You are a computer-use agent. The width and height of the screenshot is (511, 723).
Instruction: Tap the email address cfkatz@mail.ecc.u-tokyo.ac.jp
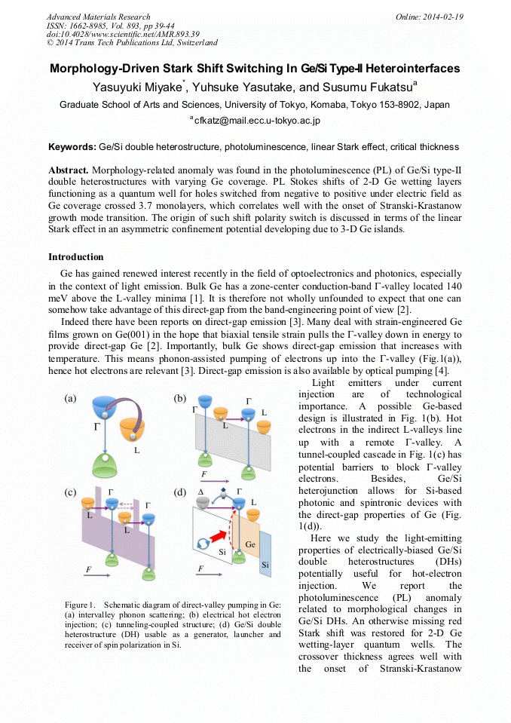pyautogui.click(x=258, y=120)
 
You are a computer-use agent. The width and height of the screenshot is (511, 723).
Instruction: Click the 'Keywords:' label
pyautogui.click(x=72, y=146)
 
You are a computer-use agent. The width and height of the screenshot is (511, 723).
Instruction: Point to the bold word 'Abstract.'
pyautogui.click(x=69, y=170)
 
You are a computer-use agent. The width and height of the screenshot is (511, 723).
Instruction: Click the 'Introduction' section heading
pyautogui.click(x=76, y=257)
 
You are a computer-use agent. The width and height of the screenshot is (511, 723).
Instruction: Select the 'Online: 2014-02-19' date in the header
pyautogui.click(x=429, y=17)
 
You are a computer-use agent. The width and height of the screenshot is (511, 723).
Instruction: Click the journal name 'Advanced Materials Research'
pyautogui.click(x=98, y=17)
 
